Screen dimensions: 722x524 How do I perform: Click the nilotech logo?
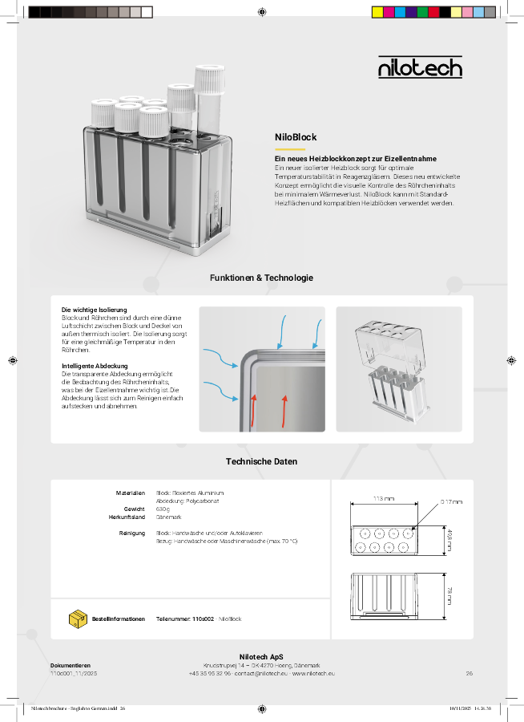click(x=420, y=67)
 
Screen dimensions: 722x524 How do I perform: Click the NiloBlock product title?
click(x=296, y=137)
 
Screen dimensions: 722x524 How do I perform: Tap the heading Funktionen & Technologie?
click(x=261, y=278)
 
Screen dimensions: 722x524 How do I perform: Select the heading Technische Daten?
click(x=261, y=461)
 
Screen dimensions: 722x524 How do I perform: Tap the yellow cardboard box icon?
click(x=78, y=619)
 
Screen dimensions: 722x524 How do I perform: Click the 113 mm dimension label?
click(x=384, y=499)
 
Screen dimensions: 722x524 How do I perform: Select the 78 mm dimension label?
click(x=449, y=594)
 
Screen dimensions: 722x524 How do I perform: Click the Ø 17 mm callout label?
click(x=451, y=501)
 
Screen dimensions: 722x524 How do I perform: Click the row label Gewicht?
click(x=134, y=509)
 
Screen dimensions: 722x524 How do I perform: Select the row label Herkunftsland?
click(x=127, y=517)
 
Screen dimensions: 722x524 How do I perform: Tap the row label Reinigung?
click(x=131, y=533)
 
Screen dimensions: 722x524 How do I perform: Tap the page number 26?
click(x=469, y=673)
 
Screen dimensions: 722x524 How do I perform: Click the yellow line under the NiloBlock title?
click(x=290, y=149)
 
